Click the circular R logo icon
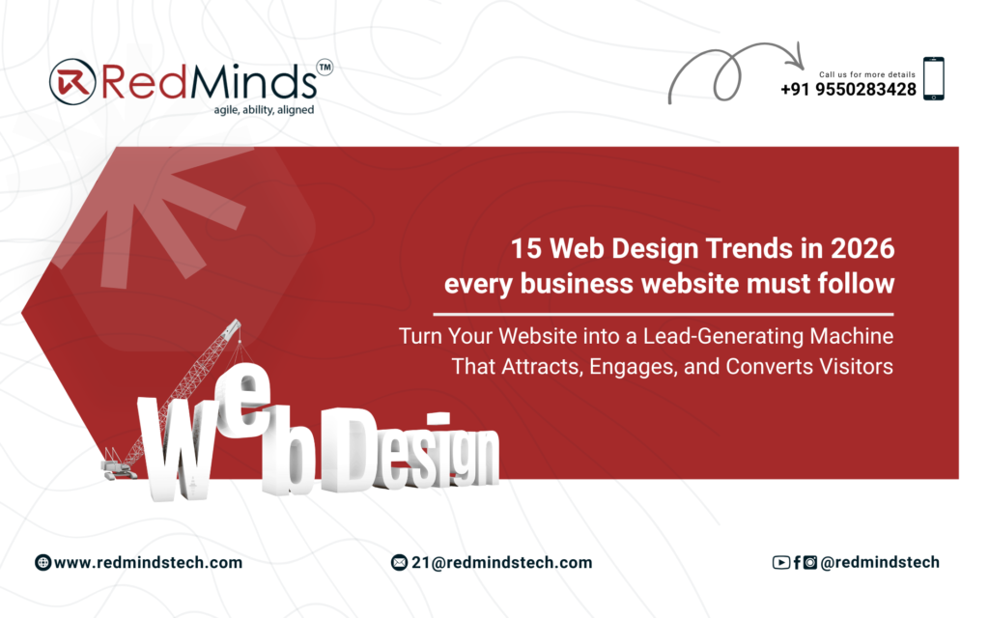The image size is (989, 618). pos(72,81)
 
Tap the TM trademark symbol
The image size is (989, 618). pos(325,68)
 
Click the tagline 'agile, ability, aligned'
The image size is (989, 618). pos(264,110)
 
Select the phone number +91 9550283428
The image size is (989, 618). pos(848,90)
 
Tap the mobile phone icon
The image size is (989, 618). pos(934,79)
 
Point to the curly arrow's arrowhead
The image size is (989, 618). pos(797,58)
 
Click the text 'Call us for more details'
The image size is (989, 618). pos(866,74)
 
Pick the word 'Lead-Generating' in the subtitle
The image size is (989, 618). pos(723,336)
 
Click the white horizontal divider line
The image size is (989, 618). pos(664,314)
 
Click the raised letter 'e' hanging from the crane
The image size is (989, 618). pos(242,401)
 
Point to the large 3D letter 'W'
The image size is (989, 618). pos(177,449)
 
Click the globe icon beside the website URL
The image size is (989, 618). pos(42,563)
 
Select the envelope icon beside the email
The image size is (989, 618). pos(399,563)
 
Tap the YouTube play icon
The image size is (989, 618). pos(780,563)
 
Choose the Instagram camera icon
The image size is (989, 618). pos(810,563)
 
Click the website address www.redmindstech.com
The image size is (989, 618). pos(148,563)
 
